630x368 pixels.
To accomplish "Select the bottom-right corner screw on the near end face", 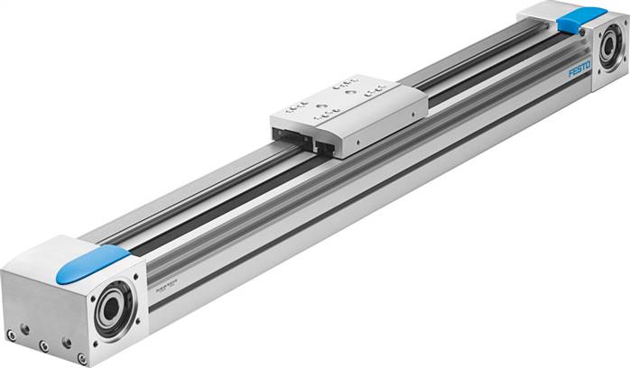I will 82,358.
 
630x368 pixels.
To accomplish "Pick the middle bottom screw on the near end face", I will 43,345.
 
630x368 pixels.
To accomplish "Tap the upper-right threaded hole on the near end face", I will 66,342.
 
